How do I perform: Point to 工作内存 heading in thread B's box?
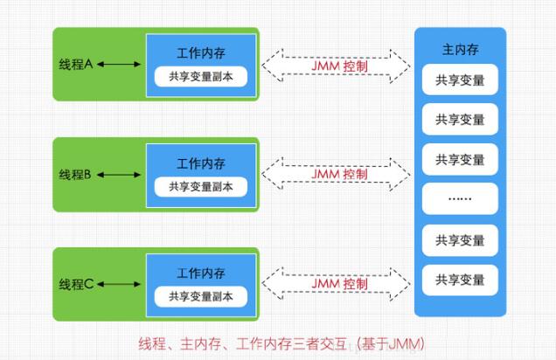pos(201,163)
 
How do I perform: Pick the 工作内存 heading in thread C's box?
pos(201,273)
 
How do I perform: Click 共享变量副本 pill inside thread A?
pos(201,76)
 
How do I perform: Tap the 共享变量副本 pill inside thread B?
pos(201,186)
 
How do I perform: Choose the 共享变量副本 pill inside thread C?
pos(201,296)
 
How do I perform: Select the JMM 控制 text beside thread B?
pos(339,174)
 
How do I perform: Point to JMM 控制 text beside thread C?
pos(339,284)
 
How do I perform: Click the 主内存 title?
pos(460,48)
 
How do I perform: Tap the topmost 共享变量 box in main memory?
pos(460,80)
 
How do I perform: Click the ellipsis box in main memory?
pos(460,199)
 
